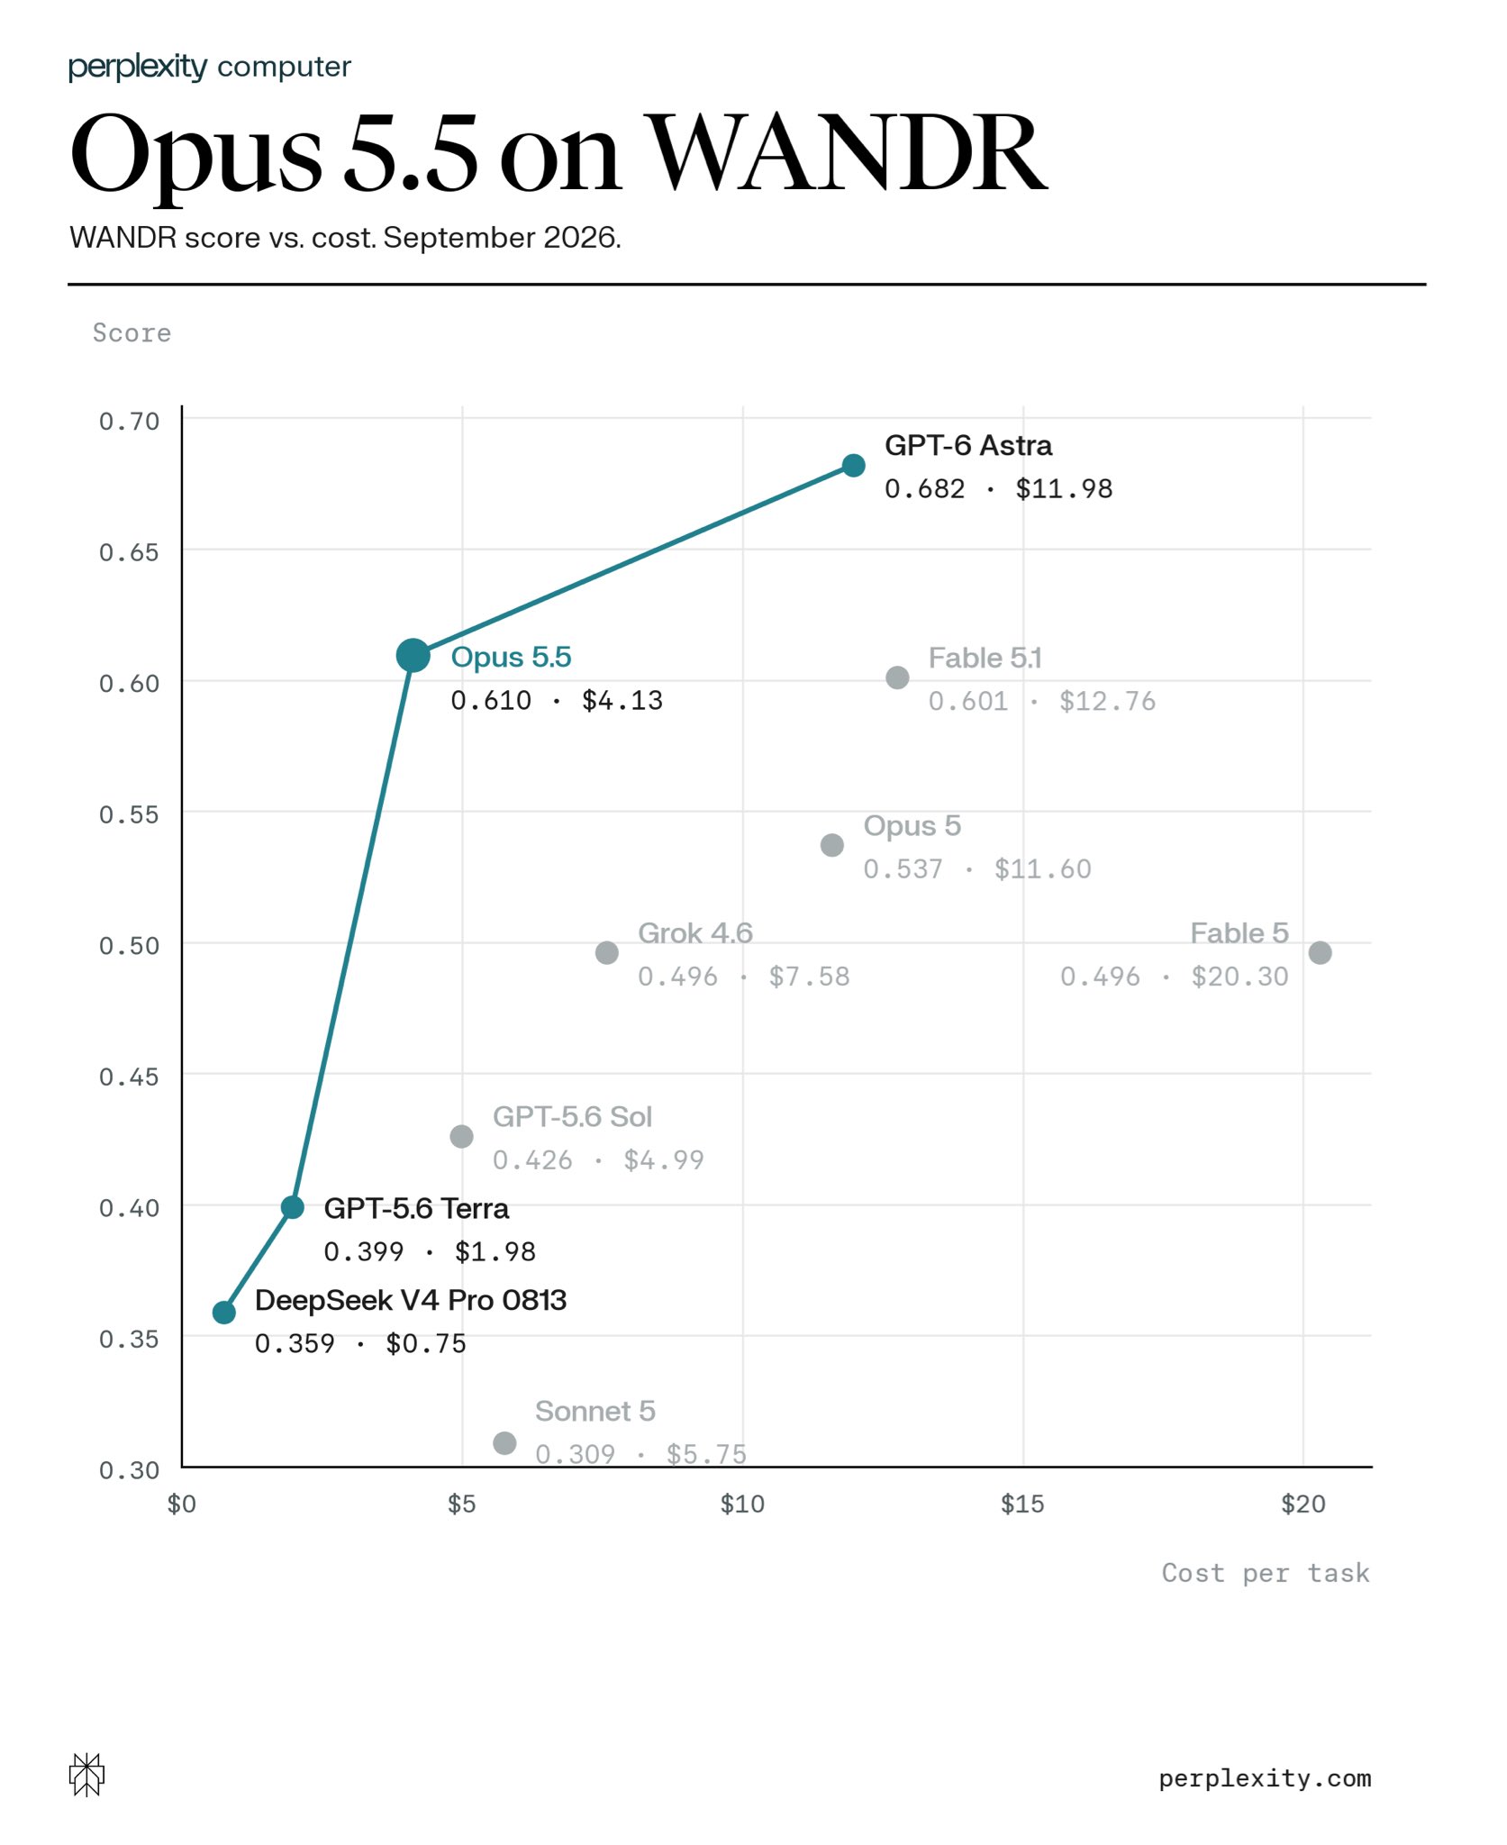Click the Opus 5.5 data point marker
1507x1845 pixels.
413,656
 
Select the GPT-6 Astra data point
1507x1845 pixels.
854,466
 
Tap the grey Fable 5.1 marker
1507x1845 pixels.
897,677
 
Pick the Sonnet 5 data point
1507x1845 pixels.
504,1443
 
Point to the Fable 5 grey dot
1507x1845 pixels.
1320,953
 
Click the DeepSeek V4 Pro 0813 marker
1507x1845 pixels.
224,1313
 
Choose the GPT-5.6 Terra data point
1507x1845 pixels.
293,1207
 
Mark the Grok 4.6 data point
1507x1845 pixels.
607,953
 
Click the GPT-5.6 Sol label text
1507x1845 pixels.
572,1117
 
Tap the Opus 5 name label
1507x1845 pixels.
912,826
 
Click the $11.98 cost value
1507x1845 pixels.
1064,489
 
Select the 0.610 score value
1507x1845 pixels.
491,701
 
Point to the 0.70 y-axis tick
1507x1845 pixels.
129,422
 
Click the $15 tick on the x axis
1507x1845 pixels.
1022,1504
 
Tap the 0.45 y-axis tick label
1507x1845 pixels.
129,1077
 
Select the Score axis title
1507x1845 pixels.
132,333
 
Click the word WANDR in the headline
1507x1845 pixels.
849,153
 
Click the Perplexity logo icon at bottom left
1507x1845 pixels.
86,1775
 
